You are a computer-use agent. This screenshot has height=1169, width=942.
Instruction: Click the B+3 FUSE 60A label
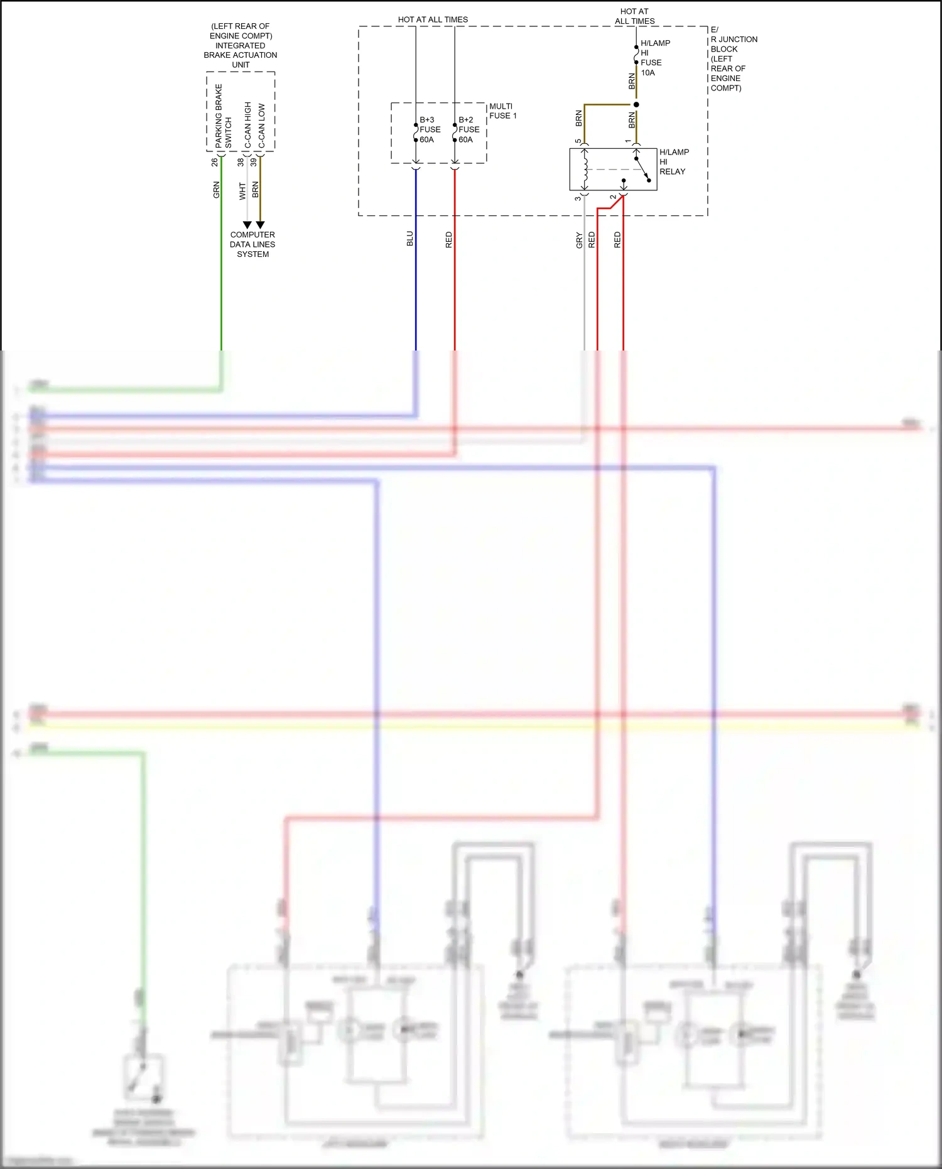click(x=430, y=129)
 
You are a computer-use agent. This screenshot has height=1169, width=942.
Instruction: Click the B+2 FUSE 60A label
click(x=468, y=129)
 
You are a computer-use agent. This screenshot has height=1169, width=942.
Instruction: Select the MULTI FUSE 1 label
click(x=502, y=111)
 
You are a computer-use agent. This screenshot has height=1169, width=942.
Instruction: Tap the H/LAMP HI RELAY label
click(x=673, y=161)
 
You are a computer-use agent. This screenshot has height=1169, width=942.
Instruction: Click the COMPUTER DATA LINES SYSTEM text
click(x=252, y=244)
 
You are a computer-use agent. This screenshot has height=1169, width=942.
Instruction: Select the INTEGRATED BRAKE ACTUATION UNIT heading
click(x=241, y=45)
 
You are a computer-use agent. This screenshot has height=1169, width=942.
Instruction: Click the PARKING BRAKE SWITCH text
click(x=223, y=117)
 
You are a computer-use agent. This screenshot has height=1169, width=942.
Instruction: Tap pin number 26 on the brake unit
click(x=215, y=162)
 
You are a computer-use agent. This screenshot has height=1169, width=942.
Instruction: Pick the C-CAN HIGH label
click(x=248, y=125)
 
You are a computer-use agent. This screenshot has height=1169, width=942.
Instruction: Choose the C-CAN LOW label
click(x=261, y=126)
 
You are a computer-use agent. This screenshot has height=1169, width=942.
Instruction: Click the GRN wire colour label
click(x=217, y=190)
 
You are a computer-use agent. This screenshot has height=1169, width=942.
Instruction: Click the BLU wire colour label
click(x=410, y=239)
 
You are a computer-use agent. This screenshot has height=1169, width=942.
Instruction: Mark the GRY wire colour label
click(x=579, y=240)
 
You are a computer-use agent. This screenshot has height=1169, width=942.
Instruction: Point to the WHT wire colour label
click(x=242, y=191)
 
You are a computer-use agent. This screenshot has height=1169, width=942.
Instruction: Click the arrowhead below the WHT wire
click(x=247, y=225)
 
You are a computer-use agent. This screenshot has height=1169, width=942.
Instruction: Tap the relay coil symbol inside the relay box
click(x=585, y=169)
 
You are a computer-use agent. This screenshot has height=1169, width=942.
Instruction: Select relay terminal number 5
click(x=578, y=141)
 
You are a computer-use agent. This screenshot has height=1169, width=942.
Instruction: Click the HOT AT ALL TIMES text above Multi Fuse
click(x=433, y=19)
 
